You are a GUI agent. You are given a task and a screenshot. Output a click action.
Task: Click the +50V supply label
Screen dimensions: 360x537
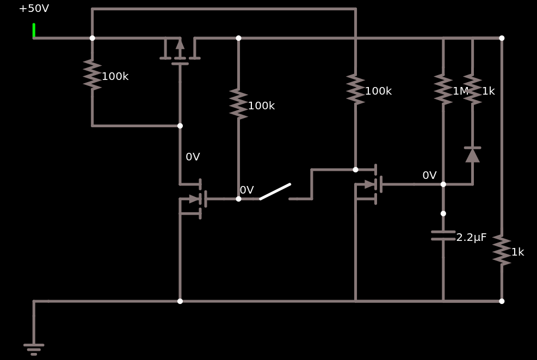point(34,9)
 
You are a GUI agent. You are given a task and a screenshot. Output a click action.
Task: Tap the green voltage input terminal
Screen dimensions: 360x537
point(34,30)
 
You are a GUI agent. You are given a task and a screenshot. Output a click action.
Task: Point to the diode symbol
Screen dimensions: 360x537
point(472,155)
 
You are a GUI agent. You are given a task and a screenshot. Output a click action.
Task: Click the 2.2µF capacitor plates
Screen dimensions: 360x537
point(443,235)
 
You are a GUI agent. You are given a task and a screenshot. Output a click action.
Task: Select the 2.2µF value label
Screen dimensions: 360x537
point(471,238)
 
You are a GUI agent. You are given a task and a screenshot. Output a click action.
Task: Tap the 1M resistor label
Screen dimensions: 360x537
point(460,91)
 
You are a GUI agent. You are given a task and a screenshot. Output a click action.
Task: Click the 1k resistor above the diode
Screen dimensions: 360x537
point(472,89)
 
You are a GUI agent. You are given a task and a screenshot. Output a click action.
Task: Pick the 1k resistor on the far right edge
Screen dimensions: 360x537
point(502,251)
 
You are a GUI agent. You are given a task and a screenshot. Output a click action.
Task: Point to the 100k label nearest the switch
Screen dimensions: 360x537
point(261,105)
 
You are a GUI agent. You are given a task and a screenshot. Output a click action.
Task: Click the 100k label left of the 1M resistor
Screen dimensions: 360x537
point(378,91)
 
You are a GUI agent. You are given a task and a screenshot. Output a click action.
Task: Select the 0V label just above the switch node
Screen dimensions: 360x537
point(246,190)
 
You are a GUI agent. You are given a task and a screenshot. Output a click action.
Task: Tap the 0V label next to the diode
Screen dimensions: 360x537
point(429,175)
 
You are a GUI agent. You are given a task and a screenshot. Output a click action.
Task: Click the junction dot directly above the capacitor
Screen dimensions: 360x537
point(443,214)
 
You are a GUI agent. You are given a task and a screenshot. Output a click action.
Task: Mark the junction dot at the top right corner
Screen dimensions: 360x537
point(502,38)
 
